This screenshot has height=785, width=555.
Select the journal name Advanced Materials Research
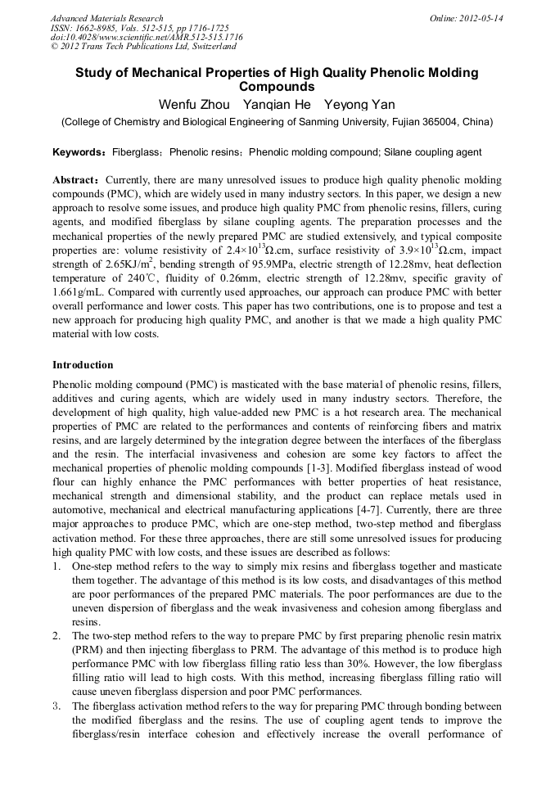(x=106, y=18)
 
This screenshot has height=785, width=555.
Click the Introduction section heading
(x=83, y=364)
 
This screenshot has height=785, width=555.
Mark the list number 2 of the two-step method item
(x=56, y=635)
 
